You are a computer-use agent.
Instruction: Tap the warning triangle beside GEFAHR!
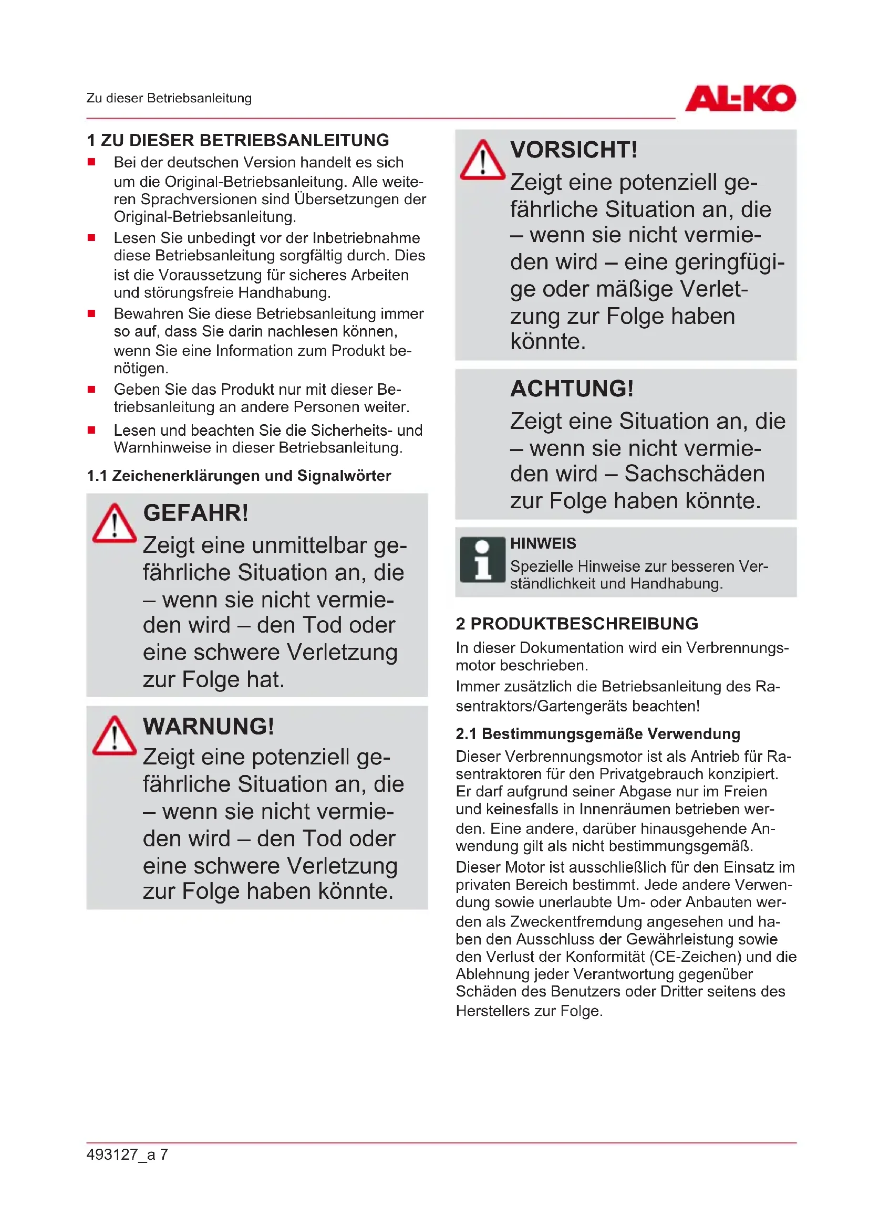115,524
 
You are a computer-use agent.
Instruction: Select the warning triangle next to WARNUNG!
115,736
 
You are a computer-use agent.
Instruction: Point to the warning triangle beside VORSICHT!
482,161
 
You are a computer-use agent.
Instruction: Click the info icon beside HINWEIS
482,560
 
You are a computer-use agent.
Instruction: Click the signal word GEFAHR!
196,513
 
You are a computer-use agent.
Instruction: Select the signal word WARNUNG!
209,726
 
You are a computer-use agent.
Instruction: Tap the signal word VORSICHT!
574,150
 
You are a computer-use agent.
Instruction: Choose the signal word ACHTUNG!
572,389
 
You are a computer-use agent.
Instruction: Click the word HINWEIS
543,543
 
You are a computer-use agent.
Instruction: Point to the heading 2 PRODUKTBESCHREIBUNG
577,624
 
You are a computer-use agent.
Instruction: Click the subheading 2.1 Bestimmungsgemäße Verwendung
598,734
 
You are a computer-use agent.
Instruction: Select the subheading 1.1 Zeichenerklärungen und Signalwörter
239,476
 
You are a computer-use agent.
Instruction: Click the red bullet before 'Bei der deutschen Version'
91,162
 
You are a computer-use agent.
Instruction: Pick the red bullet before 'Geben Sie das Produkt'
91,390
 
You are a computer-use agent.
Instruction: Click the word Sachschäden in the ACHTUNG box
695,474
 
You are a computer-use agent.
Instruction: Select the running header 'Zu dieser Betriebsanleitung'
169,98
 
